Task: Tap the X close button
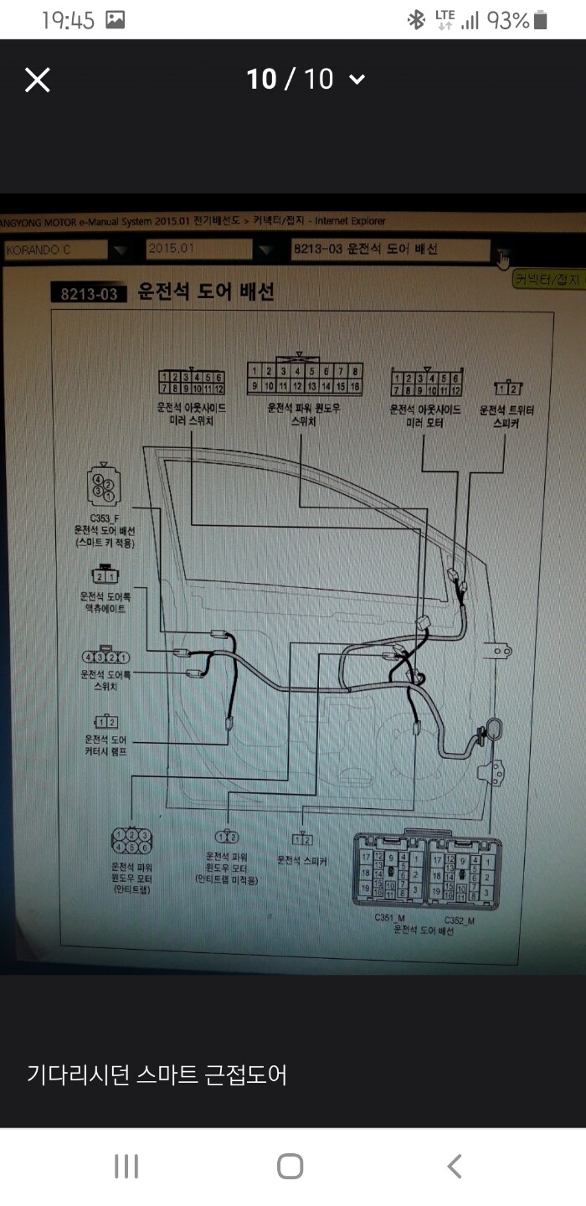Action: (38, 80)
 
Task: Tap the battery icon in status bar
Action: (541, 20)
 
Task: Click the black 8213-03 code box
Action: (90, 293)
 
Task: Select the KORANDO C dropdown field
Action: (56, 249)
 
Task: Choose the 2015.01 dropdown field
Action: (198, 249)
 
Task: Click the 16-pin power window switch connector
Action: (304, 379)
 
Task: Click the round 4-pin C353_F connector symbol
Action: (102, 486)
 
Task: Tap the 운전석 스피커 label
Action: (301, 860)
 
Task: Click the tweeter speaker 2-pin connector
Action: (507, 388)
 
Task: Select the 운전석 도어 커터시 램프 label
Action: (105, 745)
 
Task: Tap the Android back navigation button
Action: (454, 1166)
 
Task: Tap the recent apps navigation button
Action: (126, 1166)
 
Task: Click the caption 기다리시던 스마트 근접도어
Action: (157, 1075)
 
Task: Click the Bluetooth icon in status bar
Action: (416, 20)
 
